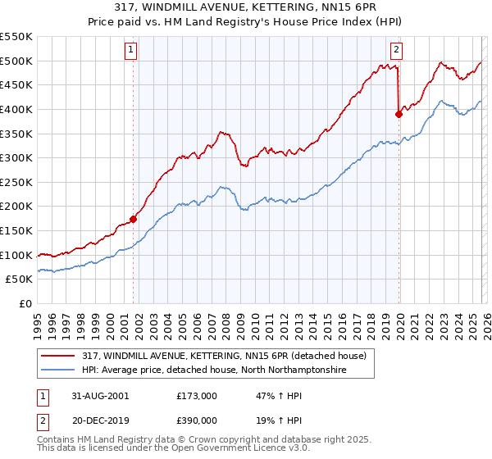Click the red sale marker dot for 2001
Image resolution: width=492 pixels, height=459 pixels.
[x=133, y=219]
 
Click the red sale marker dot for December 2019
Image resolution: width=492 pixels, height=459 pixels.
[x=399, y=114]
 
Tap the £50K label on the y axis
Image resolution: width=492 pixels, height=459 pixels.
[x=19, y=279]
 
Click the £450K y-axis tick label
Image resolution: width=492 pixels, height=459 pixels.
[x=16, y=84]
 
